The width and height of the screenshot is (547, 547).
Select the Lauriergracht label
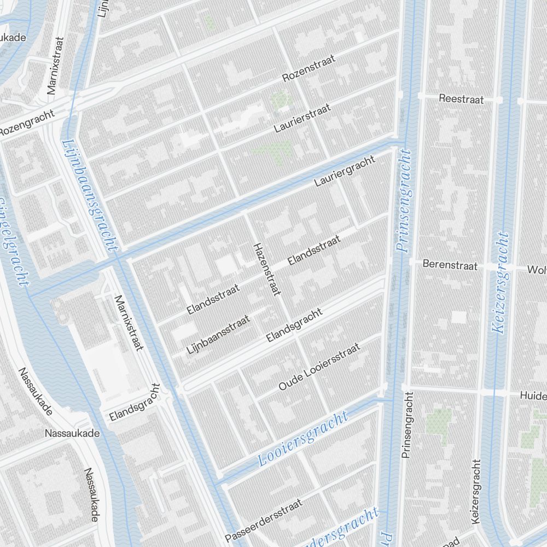click(x=345, y=171)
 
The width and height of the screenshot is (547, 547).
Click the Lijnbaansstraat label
click(x=218, y=334)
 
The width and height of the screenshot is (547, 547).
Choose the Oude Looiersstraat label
click(x=319, y=367)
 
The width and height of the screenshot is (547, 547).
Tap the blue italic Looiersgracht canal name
click(x=302, y=439)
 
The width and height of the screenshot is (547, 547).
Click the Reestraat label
click(x=462, y=99)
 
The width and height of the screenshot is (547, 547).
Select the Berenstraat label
click(x=451, y=266)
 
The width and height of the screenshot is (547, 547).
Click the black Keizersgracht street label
click(x=474, y=491)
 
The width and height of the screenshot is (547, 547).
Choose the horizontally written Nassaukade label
click(x=73, y=433)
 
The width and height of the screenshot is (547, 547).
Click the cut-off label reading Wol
click(x=537, y=270)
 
